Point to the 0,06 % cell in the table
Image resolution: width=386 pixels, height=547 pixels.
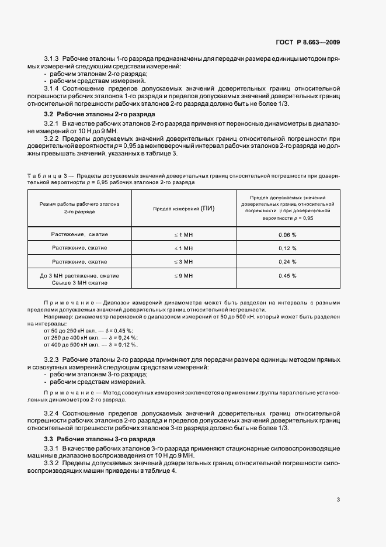[287, 234]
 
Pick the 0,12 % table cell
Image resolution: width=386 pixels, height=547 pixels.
[287, 248]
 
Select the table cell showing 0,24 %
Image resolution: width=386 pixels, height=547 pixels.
[287, 262]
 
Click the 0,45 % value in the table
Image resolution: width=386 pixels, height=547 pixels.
[287, 275]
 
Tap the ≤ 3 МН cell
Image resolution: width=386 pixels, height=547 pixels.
[183, 262]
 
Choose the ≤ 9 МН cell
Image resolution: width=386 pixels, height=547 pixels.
[183, 275]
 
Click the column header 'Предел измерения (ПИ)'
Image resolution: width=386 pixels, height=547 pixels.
[183, 209]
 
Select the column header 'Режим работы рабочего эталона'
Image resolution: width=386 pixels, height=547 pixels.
[79, 204]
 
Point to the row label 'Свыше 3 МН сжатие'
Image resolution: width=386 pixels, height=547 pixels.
[79, 282]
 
